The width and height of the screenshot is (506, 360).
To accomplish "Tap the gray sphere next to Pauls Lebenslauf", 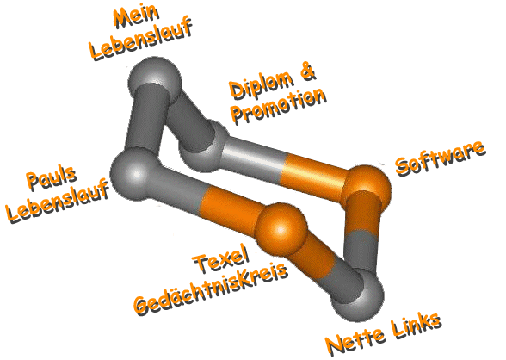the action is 134,174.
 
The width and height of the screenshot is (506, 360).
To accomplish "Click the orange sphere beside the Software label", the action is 367,187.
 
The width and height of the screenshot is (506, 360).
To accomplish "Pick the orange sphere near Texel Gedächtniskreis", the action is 281,228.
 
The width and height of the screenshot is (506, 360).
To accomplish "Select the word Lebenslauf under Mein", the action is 141,38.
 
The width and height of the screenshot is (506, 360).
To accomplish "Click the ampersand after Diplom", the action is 308,71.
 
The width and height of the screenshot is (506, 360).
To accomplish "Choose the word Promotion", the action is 280,105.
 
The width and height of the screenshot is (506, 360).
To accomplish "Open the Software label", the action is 441,158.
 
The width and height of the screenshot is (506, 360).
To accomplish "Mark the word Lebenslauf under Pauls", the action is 59,202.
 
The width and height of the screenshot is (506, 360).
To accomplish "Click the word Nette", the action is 355,342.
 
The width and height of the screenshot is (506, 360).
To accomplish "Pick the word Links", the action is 417,326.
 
